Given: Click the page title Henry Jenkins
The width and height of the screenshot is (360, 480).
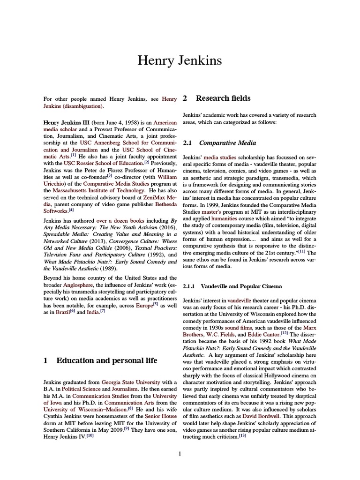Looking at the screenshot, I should [180, 60].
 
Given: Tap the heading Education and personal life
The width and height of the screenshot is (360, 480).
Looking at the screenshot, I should [106, 360].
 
